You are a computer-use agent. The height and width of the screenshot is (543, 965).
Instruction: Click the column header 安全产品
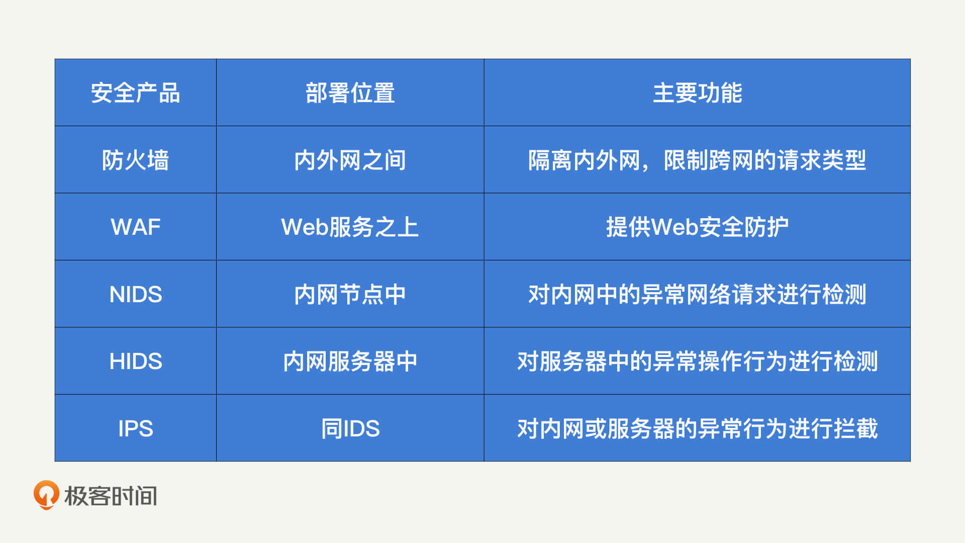click(135, 93)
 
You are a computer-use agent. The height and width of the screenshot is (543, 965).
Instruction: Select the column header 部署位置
click(350, 93)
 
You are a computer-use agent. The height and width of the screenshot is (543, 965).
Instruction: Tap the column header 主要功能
click(697, 93)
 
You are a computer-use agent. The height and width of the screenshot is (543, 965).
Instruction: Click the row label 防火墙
click(135, 160)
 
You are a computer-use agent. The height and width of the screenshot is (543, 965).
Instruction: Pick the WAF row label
click(135, 227)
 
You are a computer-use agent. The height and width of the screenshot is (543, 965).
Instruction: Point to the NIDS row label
click(135, 295)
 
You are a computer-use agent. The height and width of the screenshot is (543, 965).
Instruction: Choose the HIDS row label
click(135, 361)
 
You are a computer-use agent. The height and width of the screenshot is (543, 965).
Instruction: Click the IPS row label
click(135, 429)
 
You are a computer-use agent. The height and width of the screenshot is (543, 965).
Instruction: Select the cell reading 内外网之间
click(350, 160)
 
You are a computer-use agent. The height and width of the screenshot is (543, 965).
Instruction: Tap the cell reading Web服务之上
click(350, 227)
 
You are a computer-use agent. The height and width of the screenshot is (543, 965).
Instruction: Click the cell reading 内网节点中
click(350, 295)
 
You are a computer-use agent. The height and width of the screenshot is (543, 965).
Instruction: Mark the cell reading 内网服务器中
click(350, 361)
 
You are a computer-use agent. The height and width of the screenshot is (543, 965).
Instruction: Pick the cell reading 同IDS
click(350, 429)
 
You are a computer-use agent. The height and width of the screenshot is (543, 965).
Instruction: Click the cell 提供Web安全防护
click(697, 227)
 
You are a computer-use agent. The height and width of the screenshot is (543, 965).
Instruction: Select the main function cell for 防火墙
click(697, 160)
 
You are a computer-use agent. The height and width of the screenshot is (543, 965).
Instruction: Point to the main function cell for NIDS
click(697, 295)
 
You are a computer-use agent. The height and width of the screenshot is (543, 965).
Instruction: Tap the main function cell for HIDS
click(697, 361)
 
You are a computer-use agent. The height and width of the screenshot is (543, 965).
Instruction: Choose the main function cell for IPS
click(697, 429)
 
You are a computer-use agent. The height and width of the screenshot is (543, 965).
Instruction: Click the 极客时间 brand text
click(111, 496)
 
